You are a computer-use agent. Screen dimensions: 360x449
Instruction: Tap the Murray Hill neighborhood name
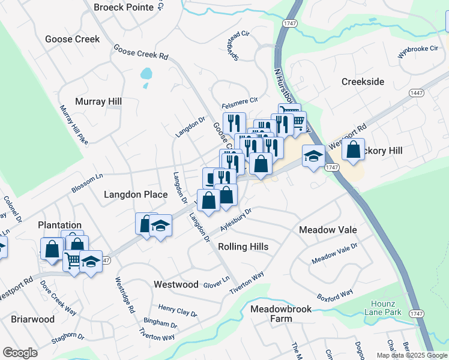(98, 101)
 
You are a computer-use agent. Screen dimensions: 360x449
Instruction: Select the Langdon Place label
(136, 194)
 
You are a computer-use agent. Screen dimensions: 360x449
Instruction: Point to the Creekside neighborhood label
(363, 82)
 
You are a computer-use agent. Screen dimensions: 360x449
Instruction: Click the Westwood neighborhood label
(176, 284)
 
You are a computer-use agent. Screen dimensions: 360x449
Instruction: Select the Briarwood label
(33, 319)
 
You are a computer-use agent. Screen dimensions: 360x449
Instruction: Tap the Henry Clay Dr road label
(178, 310)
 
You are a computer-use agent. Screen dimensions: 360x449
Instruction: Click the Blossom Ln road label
(87, 181)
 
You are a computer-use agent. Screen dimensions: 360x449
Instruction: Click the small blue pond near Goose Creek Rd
(146, 74)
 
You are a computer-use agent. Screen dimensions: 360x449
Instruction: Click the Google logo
(20, 353)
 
